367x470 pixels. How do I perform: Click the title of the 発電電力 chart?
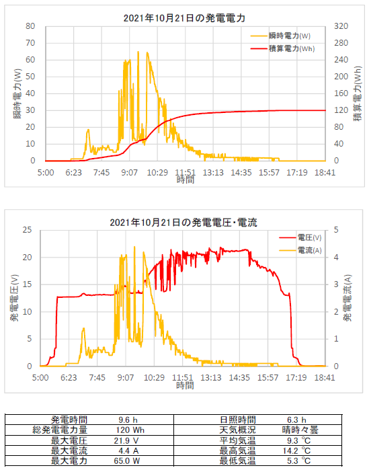point(184,18)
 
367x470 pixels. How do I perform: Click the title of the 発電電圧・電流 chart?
point(184,223)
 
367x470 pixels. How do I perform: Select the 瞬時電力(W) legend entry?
point(280,36)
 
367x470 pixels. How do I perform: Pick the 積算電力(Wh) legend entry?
point(282,48)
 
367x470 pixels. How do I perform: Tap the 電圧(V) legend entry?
point(300,238)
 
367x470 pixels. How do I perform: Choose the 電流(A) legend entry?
point(300,250)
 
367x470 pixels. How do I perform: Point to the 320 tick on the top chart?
point(341,26)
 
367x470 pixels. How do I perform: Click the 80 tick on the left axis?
point(30,26)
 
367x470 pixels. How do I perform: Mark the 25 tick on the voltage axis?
point(27,230)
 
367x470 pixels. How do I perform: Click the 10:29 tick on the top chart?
point(157,173)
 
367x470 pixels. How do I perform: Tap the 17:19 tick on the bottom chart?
point(296,377)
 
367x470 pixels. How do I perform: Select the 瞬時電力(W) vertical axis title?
point(17,94)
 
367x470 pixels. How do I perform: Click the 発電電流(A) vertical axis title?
point(348,298)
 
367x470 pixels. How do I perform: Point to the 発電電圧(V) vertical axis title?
point(15,298)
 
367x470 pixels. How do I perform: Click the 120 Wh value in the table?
point(130,430)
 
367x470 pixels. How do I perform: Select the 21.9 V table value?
point(126,440)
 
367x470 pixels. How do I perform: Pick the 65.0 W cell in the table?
point(127,461)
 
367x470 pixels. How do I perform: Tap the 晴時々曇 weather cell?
point(300,430)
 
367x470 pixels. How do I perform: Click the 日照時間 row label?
point(237,420)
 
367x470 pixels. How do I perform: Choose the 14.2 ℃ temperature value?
point(296,451)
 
